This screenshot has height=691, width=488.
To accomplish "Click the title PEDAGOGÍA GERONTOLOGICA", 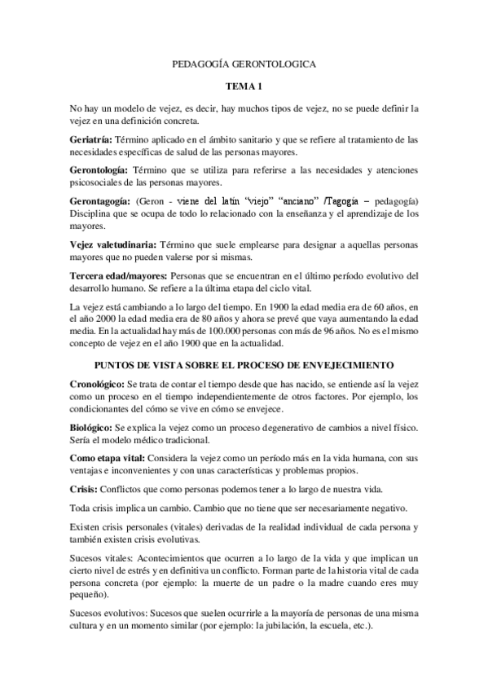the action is coord(244,63).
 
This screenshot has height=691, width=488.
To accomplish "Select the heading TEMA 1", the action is coord(244,86).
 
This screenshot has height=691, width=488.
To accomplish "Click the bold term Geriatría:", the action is coord(91,139).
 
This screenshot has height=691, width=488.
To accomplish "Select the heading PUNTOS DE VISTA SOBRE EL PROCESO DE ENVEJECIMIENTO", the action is coord(244,363).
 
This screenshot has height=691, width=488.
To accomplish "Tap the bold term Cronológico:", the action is coord(97,382).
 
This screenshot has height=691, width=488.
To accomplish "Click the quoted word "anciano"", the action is coord(275,200).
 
